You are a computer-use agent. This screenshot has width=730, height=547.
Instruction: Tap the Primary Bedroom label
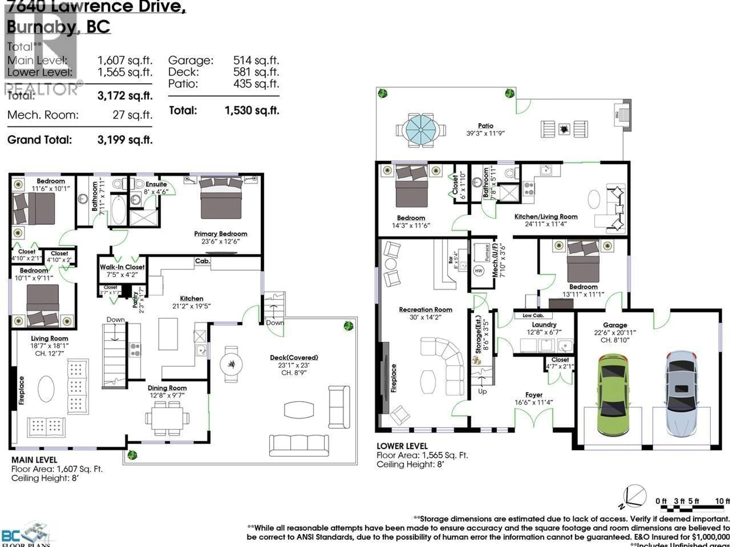click(x=221, y=234)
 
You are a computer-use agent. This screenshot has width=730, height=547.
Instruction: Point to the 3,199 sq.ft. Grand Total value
click(x=125, y=140)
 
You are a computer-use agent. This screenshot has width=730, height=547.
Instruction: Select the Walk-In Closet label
click(x=122, y=267)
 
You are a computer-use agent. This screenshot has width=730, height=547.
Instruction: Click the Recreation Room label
click(x=425, y=310)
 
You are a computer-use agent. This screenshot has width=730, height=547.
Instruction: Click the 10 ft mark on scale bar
click(x=722, y=501)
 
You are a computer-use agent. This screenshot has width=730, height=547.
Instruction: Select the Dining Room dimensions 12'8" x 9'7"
click(x=167, y=395)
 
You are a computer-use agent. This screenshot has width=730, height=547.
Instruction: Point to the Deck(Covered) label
click(x=294, y=357)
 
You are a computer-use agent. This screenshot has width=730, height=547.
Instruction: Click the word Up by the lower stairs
click(x=482, y=391)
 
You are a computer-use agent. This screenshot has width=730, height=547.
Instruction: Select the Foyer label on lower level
click(x=534, y=395)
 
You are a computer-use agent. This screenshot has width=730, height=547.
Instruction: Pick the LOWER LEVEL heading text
click(x=402, y=446)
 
